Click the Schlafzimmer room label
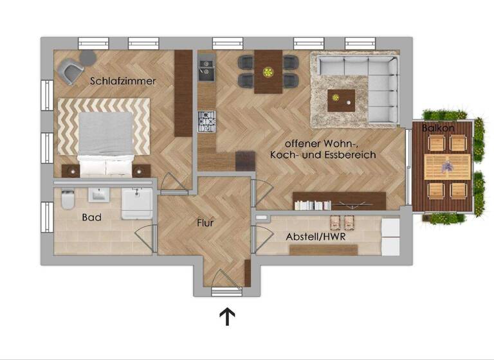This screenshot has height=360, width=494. pyautogui.click(x=123, y=81)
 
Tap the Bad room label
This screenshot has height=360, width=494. pyautogui.click(x=91, y=217)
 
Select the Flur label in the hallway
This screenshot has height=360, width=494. pyautogui.click(x=205, y=224)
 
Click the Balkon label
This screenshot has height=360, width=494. pyautogui.click(x=438, y=129)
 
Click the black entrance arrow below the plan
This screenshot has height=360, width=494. pyautogui.click(x=227, y=316)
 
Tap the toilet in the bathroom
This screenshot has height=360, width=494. pyautogui.click(x=67, y=202)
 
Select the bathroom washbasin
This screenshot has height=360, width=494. pyautogui.click(x=100, y=194)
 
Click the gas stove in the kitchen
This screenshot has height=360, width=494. pyautogui.click(x=206, y=120)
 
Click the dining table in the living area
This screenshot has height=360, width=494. pyautogui.click(x=268, y=71)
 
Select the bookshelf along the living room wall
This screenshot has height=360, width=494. pyautogui.click(x=338, y=201)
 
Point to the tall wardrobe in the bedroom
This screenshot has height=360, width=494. pyautogui.click(x=183, y=93)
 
